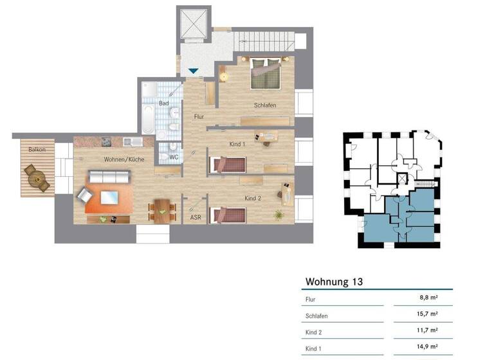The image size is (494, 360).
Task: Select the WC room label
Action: (174, 157)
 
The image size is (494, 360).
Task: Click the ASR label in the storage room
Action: (195, 218)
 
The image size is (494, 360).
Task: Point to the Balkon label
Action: (36, 150)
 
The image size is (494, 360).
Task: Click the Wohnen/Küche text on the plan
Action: (124, 159)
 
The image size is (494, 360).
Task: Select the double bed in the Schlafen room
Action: (266, 73)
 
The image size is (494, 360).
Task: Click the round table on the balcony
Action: (35, 178)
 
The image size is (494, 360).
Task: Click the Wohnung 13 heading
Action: (334, 282)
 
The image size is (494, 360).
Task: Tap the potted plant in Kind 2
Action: (279, 215)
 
